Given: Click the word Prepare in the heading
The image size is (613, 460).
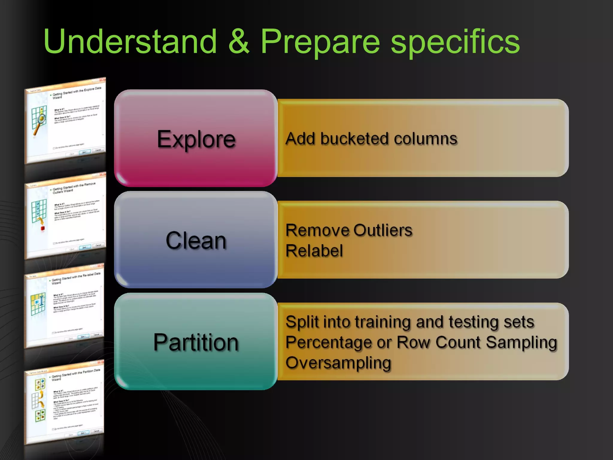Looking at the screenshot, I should (x=320, y=42).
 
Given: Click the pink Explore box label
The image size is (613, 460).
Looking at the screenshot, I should (x=196, y=139).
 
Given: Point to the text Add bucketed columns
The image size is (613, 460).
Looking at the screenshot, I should (x=371, y=139).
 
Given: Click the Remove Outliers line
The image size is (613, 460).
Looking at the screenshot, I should (x=349, y=230).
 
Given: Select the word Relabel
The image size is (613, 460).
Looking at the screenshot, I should (x=314, y=251).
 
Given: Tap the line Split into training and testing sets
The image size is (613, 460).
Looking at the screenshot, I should (x=409, y=322).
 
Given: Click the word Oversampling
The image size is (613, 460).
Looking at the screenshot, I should (x=338, y=363).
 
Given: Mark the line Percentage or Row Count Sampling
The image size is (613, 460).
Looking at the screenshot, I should (x=421, y=342).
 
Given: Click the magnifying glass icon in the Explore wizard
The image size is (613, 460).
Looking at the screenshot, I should (x=40, y=122).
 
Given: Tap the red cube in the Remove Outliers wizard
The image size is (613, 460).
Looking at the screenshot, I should (x=43, y=229).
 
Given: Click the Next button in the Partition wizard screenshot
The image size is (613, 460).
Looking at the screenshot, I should (x=83, y=433).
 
